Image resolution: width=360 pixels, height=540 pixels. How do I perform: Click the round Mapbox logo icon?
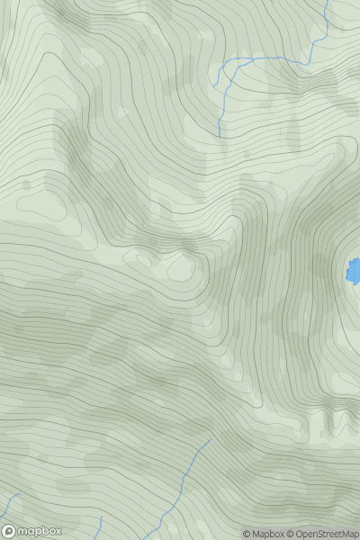tap(8, 532)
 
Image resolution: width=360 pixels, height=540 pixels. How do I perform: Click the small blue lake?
tap(355, 270)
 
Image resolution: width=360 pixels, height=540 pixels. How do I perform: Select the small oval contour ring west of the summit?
tap(141, 259)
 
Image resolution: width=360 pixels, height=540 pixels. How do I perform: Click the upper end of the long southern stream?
tap(211, 440)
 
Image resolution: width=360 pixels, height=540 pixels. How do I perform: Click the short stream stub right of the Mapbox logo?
tap(100, 524)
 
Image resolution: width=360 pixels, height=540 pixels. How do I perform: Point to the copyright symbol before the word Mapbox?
tap(247, 534)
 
